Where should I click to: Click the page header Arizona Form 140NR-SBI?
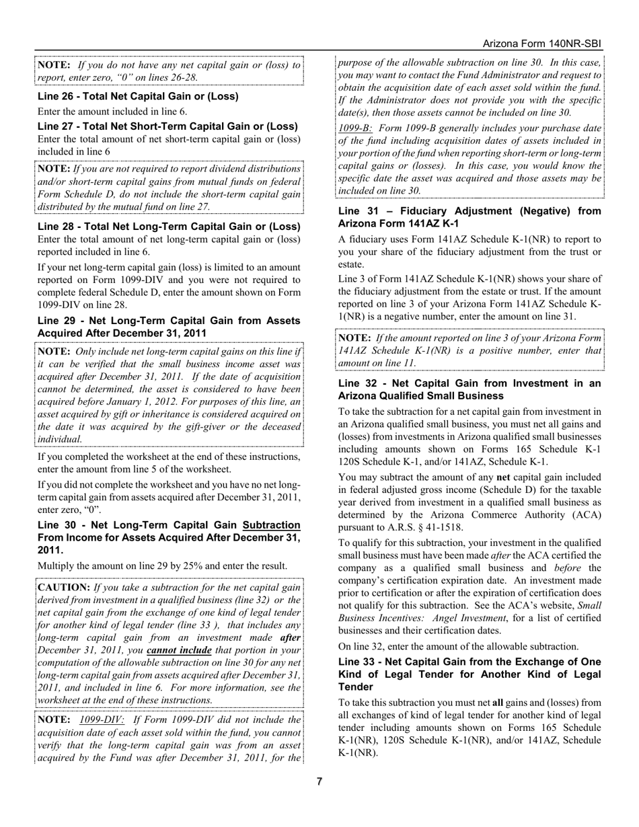541,44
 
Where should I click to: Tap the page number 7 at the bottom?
319,781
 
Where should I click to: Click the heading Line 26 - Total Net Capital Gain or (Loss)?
138,96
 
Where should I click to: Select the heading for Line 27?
167,126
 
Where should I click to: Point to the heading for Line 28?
169,227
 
